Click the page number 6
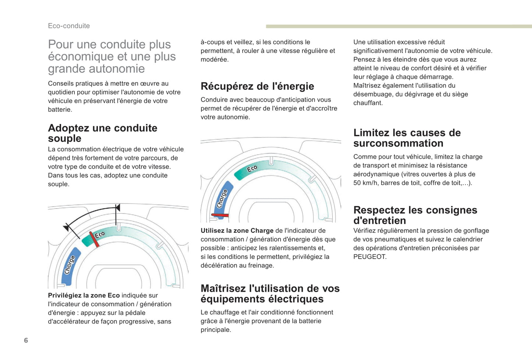click(26, 340)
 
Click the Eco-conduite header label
click(69, 26)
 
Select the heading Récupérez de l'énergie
click(257, 86)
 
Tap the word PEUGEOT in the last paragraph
click(370, 257)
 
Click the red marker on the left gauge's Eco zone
click(94, 240)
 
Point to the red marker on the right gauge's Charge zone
click(220, 215)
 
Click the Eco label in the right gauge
click(252, 169)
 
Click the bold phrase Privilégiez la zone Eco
click(84, 296)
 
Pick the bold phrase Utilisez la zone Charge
click(237, 231)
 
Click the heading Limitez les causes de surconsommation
click(407, 138)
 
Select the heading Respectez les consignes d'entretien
click(415, 215)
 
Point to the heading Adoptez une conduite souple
click(102, 133)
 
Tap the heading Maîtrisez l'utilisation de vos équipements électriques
click(270, 294)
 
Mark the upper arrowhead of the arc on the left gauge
click(117, 208)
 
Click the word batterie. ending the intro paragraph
click(60, 110)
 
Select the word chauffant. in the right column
click(368, 103)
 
